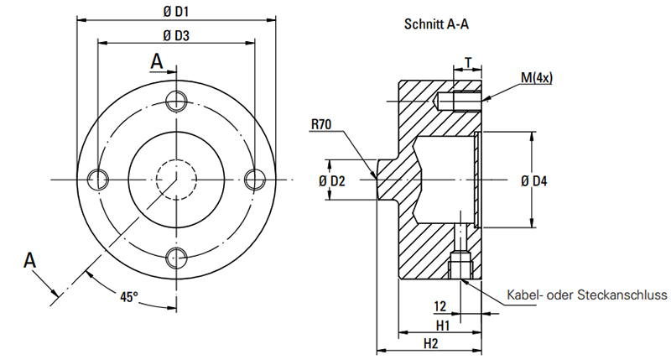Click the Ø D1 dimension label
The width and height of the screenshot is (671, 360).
tap(176, 12)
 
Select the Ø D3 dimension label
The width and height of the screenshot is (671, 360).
tap(176, 35)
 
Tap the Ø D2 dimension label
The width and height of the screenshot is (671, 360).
tap(331, 181)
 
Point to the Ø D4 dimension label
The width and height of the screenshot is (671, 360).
tap(534, 181)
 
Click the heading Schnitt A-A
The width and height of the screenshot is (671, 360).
tap(436, 24)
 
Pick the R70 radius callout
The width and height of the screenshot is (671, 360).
tap(321, 124)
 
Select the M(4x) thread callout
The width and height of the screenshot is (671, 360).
tap(537, 78)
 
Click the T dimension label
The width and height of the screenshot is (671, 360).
tap(468, 63)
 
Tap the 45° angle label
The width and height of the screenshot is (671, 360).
tap(129, 297)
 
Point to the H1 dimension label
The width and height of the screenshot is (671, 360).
tap(443, 326)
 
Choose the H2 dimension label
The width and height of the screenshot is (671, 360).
tap(431, 343)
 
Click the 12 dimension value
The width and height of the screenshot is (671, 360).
tap(440, 306)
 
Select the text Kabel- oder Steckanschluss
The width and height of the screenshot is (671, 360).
tap(586, 295)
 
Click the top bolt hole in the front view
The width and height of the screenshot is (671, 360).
tap(176, 101)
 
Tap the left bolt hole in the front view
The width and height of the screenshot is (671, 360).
tap(98, 179)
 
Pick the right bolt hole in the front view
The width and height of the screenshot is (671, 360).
tap(255, 179)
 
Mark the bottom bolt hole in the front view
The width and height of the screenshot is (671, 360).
tap(176, 258)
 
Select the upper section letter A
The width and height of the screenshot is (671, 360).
tap(157, 61)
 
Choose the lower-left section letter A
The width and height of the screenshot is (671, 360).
tap(29, 260)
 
